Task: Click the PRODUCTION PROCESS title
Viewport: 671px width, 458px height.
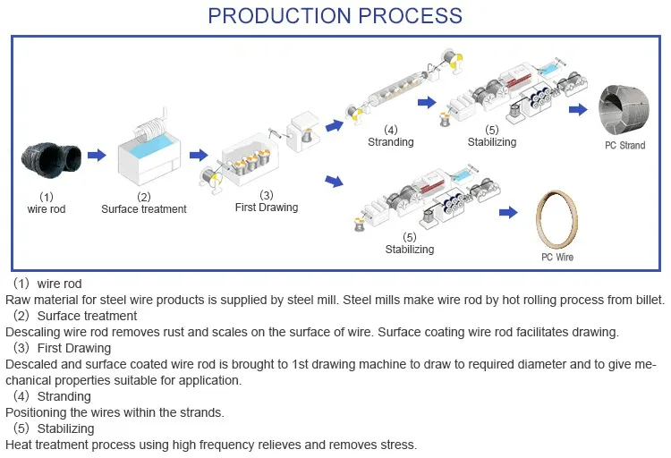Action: (x=335, y=16)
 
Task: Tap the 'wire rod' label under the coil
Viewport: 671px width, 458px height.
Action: (x=47, y=209)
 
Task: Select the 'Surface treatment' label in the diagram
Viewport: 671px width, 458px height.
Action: (x=144, y=209)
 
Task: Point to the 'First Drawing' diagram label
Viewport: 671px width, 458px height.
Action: (x=267, y=208)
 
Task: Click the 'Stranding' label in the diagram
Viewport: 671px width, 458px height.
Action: (x=391, y=142)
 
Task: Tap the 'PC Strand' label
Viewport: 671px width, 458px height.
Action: (x=624, y=146)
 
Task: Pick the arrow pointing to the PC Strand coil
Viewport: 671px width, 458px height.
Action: (x=580, y=109)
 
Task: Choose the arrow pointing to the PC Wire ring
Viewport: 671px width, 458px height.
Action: (x=508, y=212)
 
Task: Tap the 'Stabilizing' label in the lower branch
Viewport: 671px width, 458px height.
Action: (x=410, y=250)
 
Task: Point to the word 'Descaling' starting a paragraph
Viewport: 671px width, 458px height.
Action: (x=32, y=333)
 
